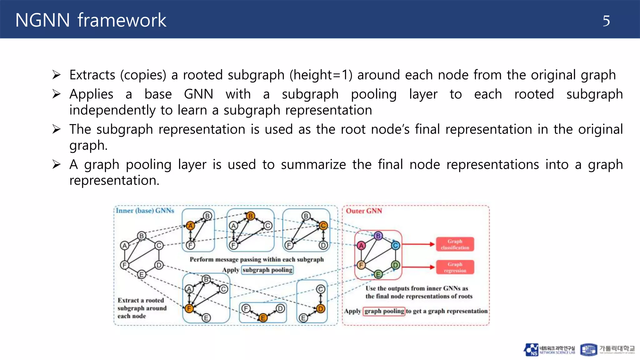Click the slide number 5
(x=606, y=21)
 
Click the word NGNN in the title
(x=42, y=20)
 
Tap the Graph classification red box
(x=455, y=244)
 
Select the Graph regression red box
(x=455, y=267)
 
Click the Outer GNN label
(x=364, y=211)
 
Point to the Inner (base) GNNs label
(x=145, y=211)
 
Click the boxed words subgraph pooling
(x=267, y=270)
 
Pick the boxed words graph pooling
(x=384, y=311)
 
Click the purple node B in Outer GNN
(x=378, y=236)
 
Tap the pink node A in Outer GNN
(x=361, y=246)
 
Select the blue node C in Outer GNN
(x=395, y=246)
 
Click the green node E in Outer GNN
(x=378, y=275)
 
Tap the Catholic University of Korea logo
(x=607, y=350)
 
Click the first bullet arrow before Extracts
(x=57, y=75)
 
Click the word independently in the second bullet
(x=112, y=110)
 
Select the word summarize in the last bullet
(x=313, y=165)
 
